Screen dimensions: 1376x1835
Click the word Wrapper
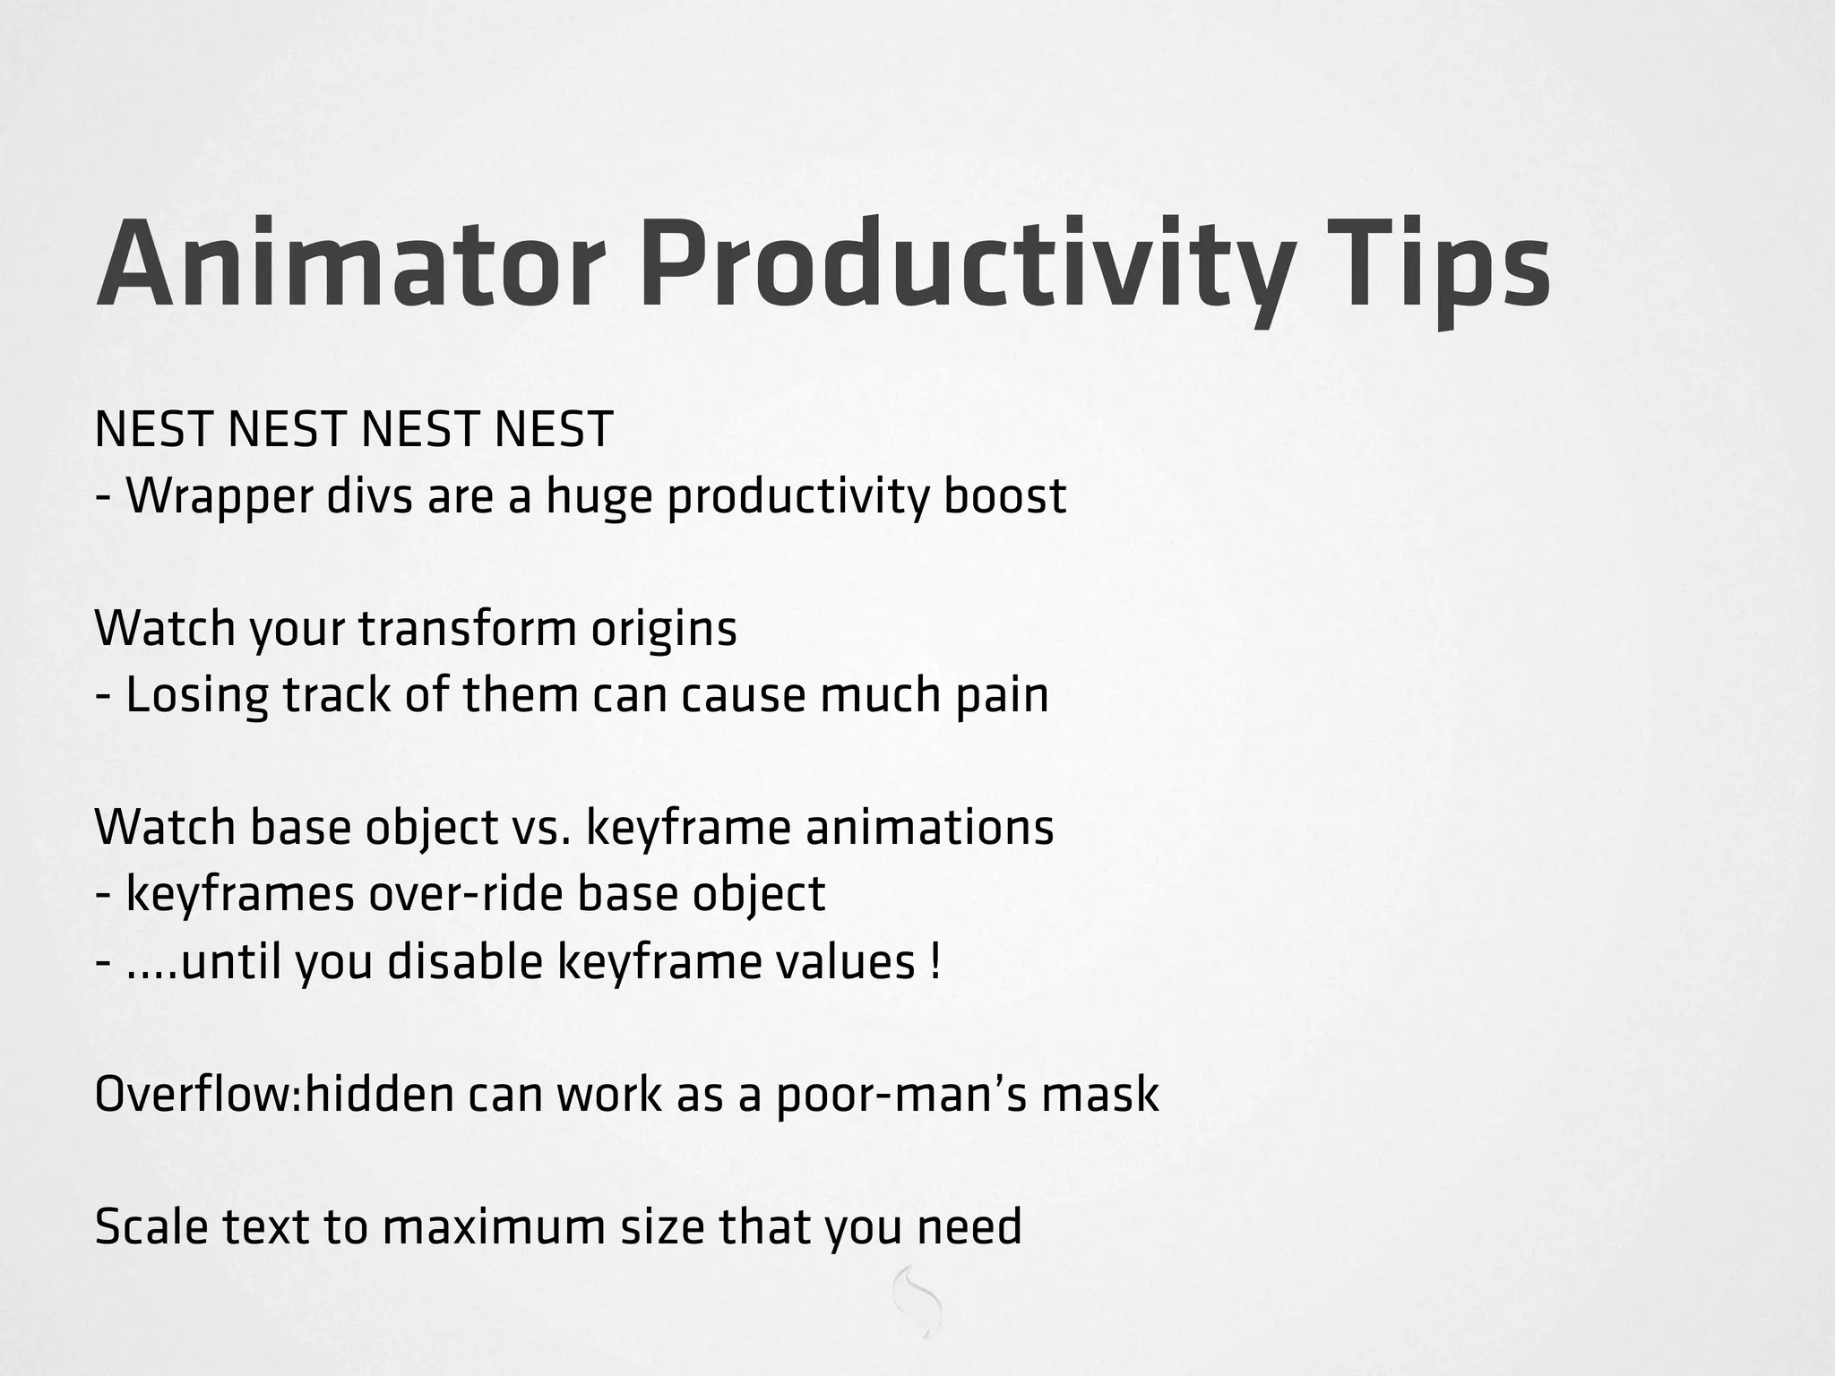click(x=219, y=497)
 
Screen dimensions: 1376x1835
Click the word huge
click(x=599, y=497)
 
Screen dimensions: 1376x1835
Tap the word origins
click(x=663, y=629)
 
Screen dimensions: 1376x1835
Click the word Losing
click(x=196, y=695)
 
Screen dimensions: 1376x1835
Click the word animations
click(x=929, y=828)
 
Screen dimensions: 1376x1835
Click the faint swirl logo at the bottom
click(x=917, y=1302)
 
